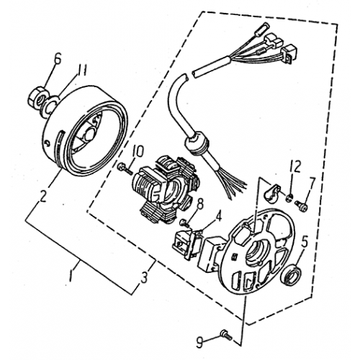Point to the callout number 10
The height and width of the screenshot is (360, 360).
click(x=139, y=152)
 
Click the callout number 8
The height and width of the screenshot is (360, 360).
click(x=200, y=204)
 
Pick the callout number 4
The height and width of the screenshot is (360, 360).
click(x=219, y=213)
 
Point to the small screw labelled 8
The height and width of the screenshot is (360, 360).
click(x=186, y=220)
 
